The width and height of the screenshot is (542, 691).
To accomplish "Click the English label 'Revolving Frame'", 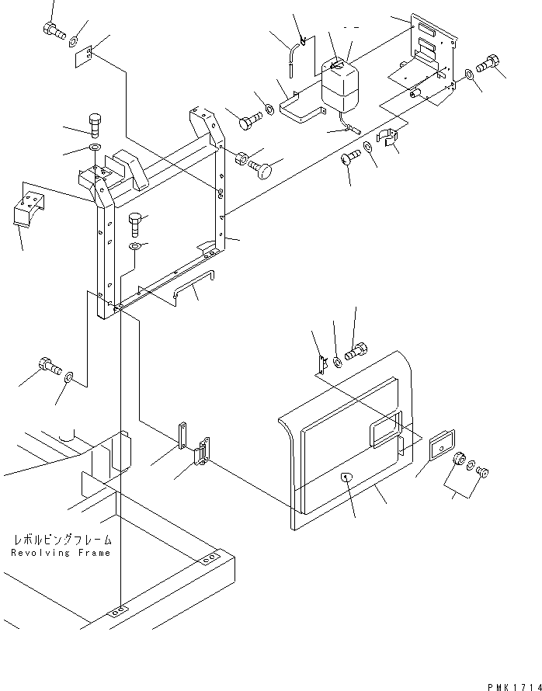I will point(61,553).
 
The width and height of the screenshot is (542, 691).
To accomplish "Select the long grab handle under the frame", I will point(194,283).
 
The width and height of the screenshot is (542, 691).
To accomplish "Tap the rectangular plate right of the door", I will point(441,446).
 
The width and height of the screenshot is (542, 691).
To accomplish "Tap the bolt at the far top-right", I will point(492,65).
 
